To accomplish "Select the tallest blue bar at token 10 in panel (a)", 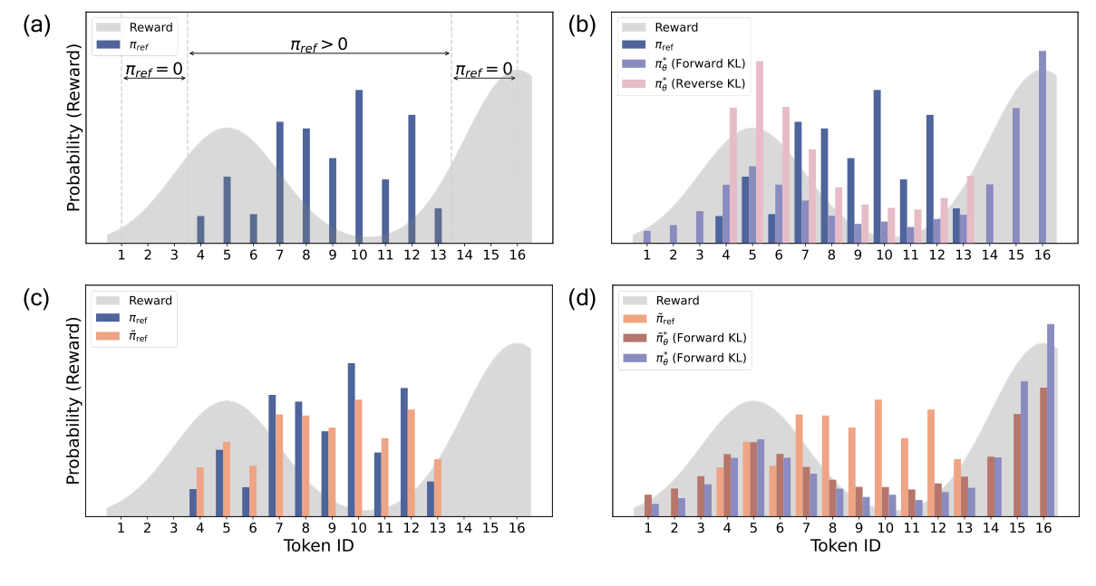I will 359,166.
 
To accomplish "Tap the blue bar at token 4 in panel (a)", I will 200,229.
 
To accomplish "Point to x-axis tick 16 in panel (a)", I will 517,256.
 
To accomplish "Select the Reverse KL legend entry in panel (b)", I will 684,83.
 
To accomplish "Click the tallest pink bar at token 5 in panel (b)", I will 760,151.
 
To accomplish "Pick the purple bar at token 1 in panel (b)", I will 647,236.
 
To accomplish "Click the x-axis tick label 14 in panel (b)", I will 990,256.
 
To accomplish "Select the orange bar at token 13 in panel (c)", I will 438,487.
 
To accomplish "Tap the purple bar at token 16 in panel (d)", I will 1051,419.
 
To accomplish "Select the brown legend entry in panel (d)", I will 684,338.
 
